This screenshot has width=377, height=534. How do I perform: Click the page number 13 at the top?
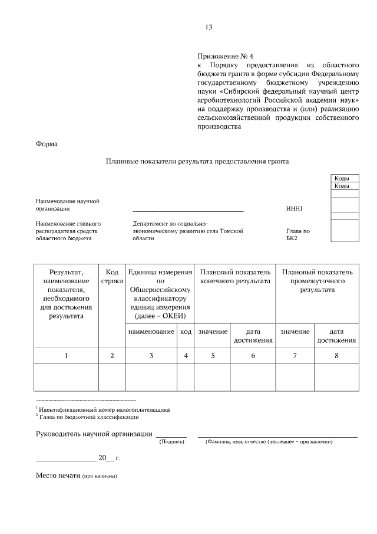tap(209, 27)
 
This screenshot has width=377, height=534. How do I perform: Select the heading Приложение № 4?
tap(225, 55)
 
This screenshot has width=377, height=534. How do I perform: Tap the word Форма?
tap(47, 143)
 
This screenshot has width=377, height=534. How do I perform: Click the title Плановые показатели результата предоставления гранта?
tap(197, 160)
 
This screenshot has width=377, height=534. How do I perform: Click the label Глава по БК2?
tap(297, 235)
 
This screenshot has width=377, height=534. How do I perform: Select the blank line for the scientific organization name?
tap(188, 209)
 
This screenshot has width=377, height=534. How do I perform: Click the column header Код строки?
tap(112, 277)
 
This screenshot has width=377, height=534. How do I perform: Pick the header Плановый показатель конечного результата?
tap(235, 277)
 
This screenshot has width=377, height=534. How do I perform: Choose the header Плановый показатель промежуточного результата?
tap(318, 281)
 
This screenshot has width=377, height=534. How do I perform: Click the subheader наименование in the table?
tap(151, 332)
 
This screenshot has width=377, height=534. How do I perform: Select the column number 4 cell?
tap(186, 355)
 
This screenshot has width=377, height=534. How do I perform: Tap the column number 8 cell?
tap(336, 355)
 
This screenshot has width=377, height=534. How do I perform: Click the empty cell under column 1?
tap(66, 376)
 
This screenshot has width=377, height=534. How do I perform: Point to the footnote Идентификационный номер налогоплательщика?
tap(104, 409)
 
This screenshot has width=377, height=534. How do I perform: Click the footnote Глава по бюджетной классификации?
tap(88, 417)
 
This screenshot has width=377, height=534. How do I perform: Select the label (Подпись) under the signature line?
tap(171, 441)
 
